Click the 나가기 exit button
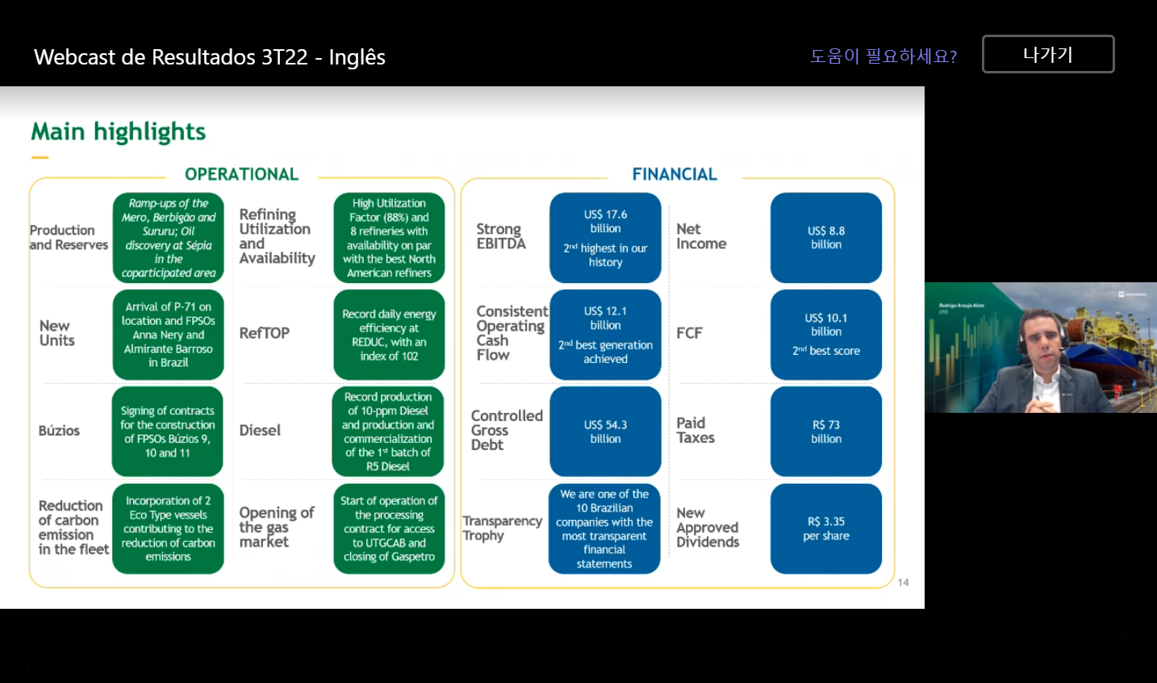pyautogui.click(x=1047, y=54)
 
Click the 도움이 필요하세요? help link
pyautogui.click(x=883, y=56)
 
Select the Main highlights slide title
pyautogui.click(x=119, y=131)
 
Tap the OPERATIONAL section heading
pyautogui.click(x=241, y=174)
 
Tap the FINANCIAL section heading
pyautogui.click(x=675, y=174)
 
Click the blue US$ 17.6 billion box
pyautogui.click(x=605, y=238)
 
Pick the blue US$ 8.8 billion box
pyautogui.click(x=825, y=238)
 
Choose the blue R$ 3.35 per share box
pyautogui.click(x=825, y=529)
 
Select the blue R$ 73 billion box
pyautogui.click(x=825, y=431)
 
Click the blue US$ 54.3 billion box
pyautogui.click(x=605, y=431)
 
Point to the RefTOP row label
pyautogui.click(x=264, y=333)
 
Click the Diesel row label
pyautogui.click(x=260, y=431)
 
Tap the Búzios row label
pyautogui.click(x=59, y=431)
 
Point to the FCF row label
pyautogui.click(x=689, y=333)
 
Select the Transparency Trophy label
pyautogui.click(x=501, y=528)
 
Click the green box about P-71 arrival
pyautogui.click(x=168, y=335)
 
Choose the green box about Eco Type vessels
pyautogui.click(x=168, y=529)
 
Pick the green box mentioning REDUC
pyautogui.click(x=389, y=335)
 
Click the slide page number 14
pyautogui.click(x=903, y=582)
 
